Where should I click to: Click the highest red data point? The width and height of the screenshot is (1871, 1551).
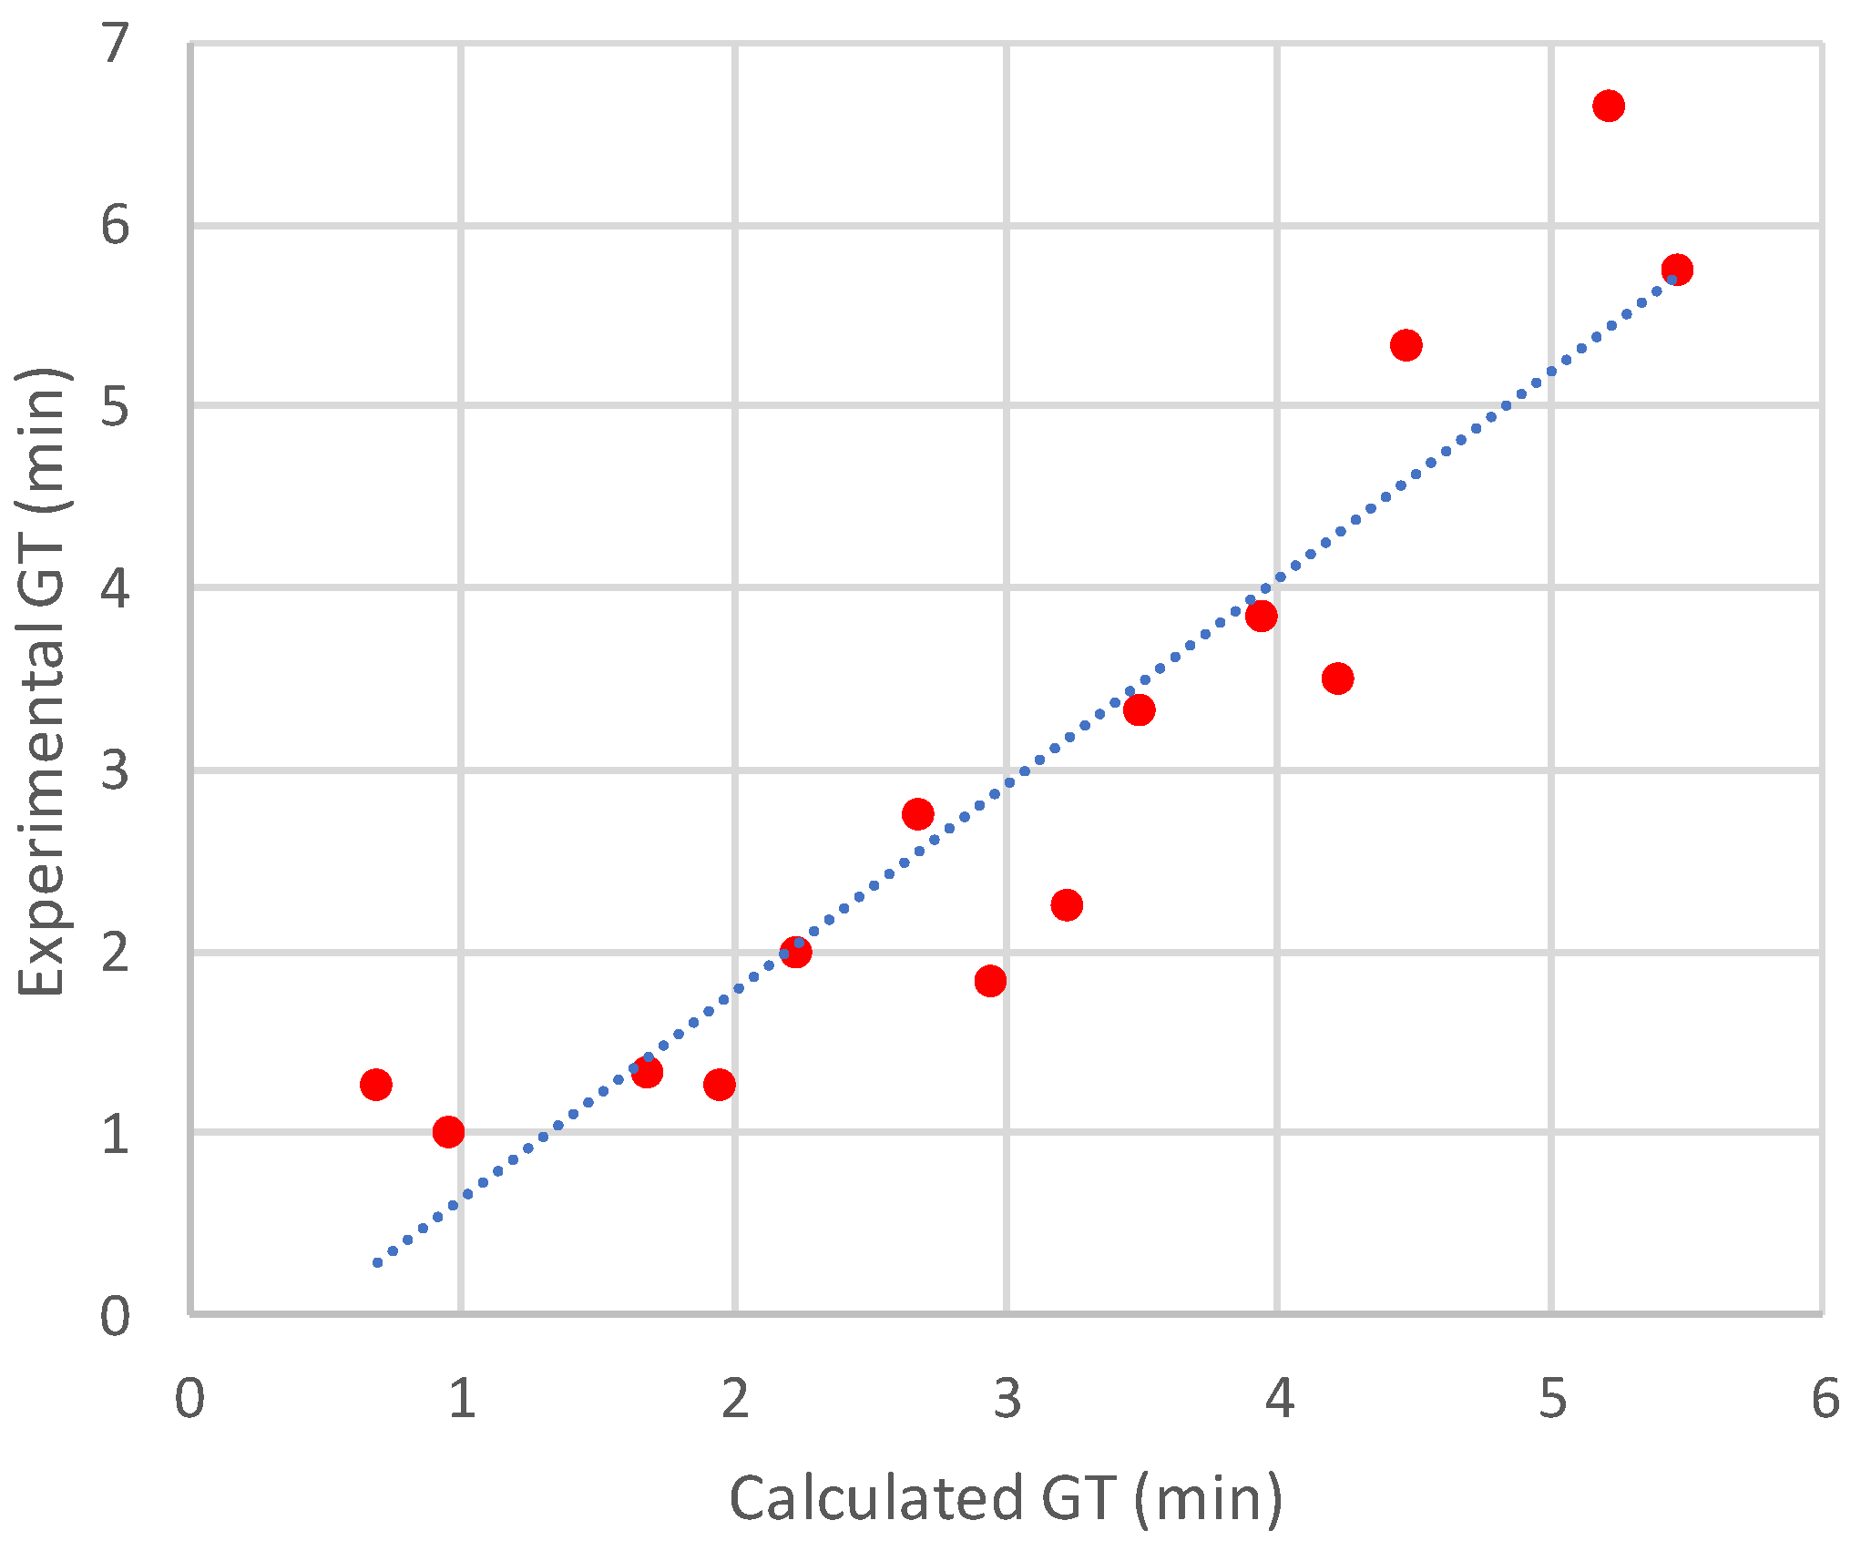[x=1608, y=106]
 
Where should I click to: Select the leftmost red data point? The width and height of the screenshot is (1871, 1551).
[x=375, y=1084]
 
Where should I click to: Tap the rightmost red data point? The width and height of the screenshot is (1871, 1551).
[x=1676, y=270]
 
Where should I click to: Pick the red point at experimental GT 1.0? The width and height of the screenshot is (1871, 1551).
[x=448, y=1132]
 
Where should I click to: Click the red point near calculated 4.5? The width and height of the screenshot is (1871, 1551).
[x=1406, y=345]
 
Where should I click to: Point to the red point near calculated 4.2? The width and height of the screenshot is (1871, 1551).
[x=1337, y=679]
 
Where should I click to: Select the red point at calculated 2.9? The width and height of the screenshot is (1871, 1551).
[x=990, y=981]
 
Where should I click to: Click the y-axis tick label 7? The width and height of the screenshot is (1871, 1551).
[x=116, y=44]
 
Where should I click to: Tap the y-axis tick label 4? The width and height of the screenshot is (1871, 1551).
[x=116, y=588]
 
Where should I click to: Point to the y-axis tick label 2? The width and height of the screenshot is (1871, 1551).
[x=116, y=953]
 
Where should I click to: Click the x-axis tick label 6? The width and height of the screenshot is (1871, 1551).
[x=1825, y=1399]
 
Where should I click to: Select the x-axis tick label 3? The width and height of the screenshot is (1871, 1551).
[x=1007, y=1399]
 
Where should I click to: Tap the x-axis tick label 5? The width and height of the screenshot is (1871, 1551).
[x=1552, y=1399]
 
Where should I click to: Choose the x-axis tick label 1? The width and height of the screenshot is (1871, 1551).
[x=462, y=1399]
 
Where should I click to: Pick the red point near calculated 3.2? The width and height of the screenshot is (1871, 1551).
[x=1066, y=905]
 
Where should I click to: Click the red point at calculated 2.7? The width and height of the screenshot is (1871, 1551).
[x=917, y=814]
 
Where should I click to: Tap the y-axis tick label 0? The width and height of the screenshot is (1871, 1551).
[x=116, y=1317]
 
